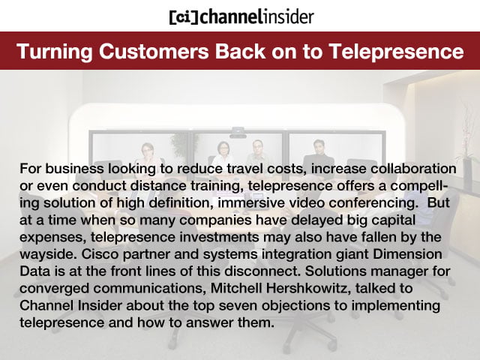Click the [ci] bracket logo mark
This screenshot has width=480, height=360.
183,16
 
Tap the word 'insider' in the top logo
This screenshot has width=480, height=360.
286,16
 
